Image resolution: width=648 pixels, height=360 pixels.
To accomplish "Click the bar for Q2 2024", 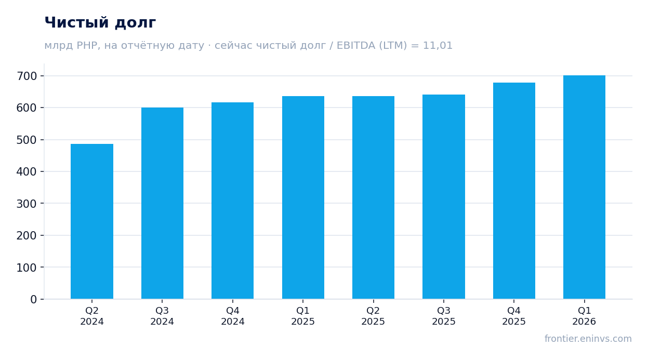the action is [x=92, y=221].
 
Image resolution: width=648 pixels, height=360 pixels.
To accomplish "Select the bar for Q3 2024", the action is [x=162, y=203].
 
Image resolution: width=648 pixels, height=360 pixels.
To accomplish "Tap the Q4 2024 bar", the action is [x=233, y=201].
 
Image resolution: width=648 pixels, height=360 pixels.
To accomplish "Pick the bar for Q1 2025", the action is [x=303, y=197].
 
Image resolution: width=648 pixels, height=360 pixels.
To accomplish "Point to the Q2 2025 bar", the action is [x=373, y=197].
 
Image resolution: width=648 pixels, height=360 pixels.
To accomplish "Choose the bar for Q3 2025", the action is [x=444, y=197].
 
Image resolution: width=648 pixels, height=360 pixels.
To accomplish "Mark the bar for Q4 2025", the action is [x=514, y=191].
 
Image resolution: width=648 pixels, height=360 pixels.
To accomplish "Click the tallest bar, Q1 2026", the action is [x=585, y=187].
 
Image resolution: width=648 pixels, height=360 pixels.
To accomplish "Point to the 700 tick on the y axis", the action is [x=27, y=76].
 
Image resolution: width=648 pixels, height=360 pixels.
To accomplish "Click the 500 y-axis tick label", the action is [x=27, y=140].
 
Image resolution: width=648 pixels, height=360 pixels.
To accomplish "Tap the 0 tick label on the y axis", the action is [x=34, y=299].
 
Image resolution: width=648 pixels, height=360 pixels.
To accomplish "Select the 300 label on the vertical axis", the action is [x=27, y=204].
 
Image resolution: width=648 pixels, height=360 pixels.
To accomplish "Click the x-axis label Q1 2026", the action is [x=585, y=316].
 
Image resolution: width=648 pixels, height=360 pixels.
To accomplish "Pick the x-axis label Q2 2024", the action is [x=92, y=316].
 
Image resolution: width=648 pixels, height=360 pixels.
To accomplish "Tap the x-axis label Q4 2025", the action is [x=514, y=316].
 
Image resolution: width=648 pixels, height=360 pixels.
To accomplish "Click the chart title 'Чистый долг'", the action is [x=100, y=22].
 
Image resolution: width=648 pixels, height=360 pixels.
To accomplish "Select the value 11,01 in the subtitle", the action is [x=438, y=45].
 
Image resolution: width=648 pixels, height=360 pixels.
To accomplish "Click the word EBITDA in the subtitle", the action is [x=356, y=45].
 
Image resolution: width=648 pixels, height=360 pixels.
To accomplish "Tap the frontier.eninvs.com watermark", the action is [x=588, y=339].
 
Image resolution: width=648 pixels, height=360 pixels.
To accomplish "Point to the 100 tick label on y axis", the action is [x=27, y=268].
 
